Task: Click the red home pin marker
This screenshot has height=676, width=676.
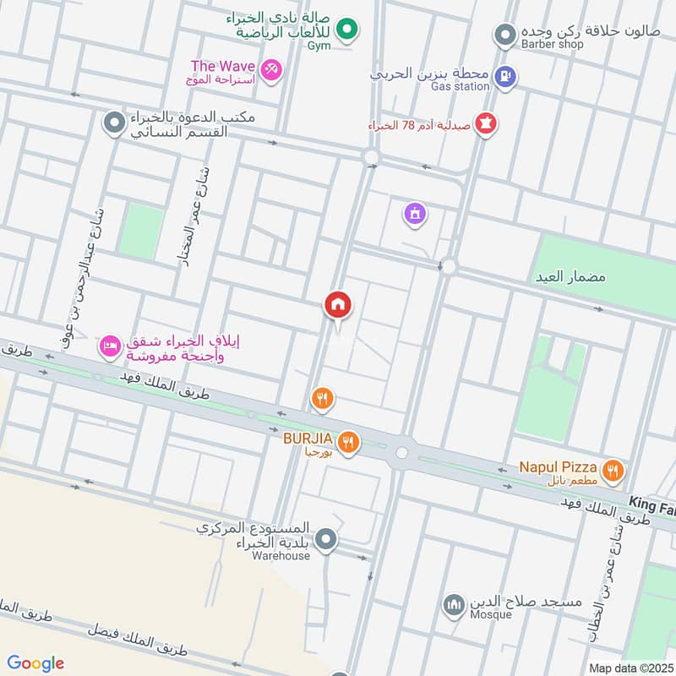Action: tap(338, 305)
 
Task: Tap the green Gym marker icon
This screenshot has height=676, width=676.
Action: tap(345, 32)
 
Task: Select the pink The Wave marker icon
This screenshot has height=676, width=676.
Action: tap(270, 68)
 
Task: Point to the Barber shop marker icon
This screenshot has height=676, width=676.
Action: tap(504, 35)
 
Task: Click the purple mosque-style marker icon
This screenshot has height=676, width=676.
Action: tap(414, 215)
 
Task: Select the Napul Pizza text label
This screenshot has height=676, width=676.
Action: tap(559, 467)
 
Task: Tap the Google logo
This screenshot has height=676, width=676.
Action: tap(35, 663)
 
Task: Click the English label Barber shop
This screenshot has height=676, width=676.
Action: tap(552, 44)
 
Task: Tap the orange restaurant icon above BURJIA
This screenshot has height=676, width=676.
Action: tap(321, 397)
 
